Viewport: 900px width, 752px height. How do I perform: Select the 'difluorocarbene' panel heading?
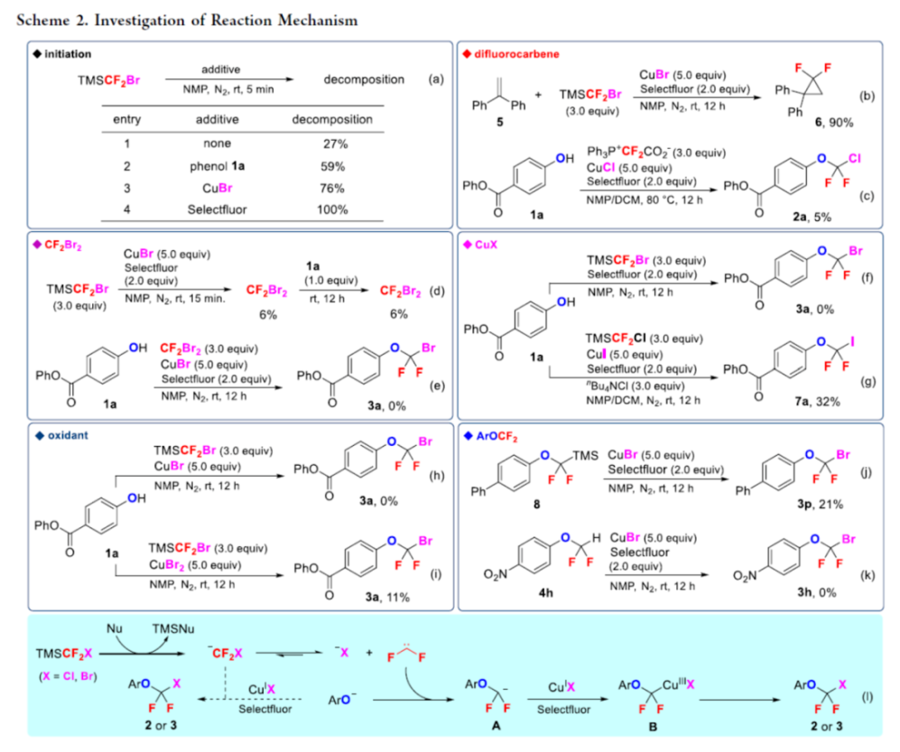click(514, 54)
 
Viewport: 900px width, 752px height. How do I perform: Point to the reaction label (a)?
click(436, 79)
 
